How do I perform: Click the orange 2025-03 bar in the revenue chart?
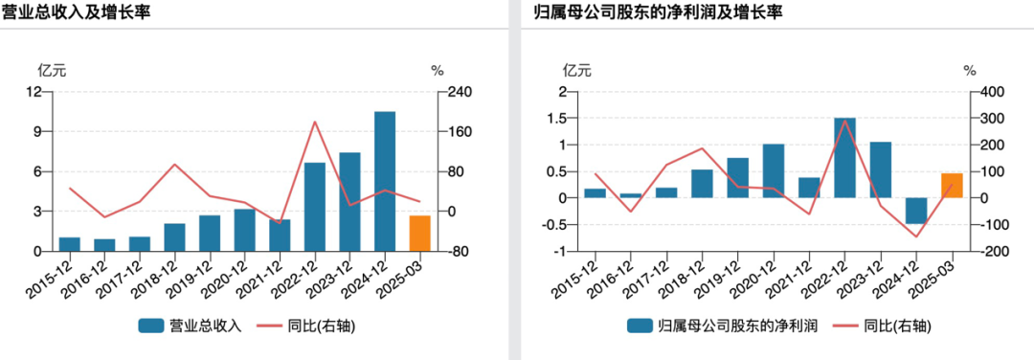(x=419, y=234)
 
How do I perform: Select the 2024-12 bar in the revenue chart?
(x=385, y=181)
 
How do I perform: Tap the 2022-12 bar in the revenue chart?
(x=315, y=207)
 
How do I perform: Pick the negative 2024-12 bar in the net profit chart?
(x=916, y=211)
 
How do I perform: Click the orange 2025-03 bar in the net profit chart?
(x=952, y=186)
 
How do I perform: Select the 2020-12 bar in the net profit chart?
(x=774, y=170)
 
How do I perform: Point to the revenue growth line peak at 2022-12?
(x=315, y=122)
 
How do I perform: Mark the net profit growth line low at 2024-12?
(x=916, y=236)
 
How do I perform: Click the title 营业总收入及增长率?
(x=76, y=11)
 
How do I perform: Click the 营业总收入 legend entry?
(x=190, y=326)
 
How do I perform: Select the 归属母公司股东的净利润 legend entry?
(x=723, y=326)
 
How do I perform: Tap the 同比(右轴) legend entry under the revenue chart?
(x=307, y=326)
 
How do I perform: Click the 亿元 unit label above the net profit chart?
(x=577, y=69)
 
